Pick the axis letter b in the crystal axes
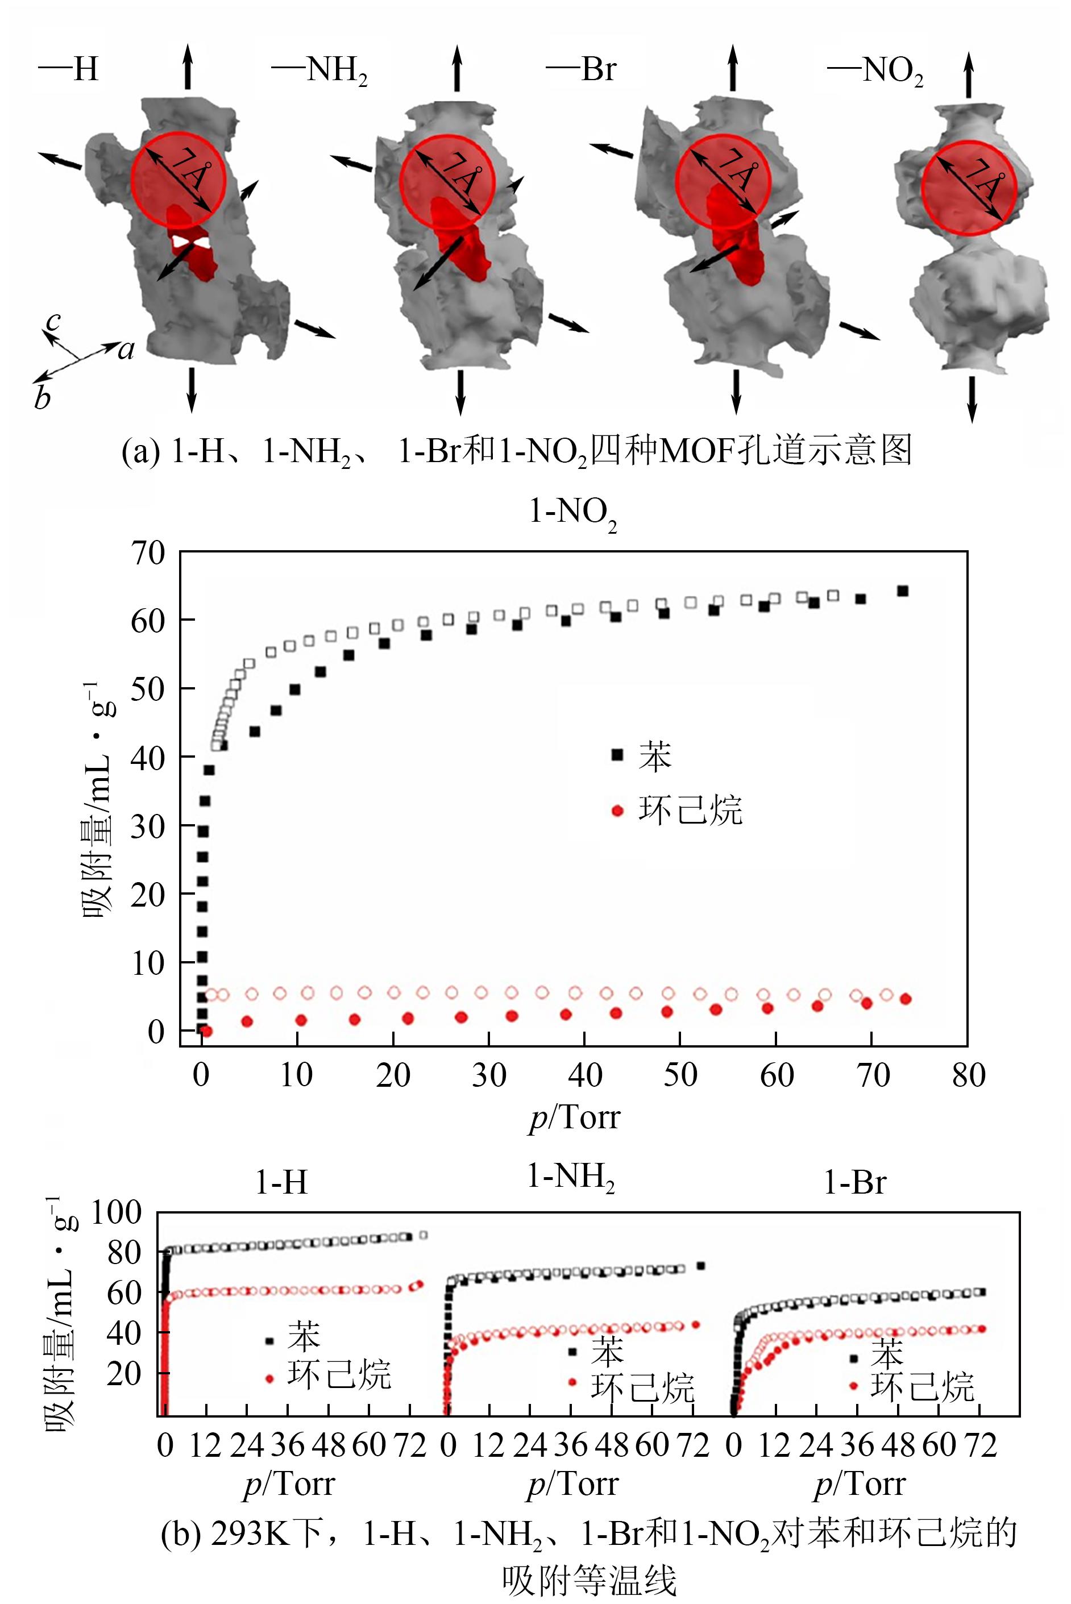click(42, 397)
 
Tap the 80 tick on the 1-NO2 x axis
click(969, 1075)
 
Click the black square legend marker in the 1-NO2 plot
click(617, 755)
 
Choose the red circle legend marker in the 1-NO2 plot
click(617, 811)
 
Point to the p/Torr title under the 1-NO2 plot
click(574, 1119)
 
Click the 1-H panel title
click(281, 1182)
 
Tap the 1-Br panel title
click(854, 1182)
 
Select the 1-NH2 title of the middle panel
click(571, 1177)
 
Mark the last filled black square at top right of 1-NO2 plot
click(902, 591)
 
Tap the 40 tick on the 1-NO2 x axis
click(585, 1075)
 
